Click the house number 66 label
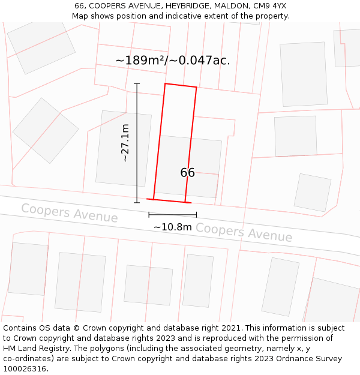coord(187,173)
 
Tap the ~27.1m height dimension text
coord(125,143)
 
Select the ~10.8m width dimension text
coord(172,227)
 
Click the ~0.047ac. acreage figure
coord(202,61)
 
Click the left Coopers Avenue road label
coord(70,212)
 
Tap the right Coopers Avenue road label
coord(244,232)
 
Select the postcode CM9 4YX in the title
coord(270,6)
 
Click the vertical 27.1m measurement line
coord(137,143)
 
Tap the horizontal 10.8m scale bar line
coord(172,214)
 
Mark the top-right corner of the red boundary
coord(196,87)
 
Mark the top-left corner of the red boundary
coord(165,83)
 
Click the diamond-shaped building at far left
coord(46,130)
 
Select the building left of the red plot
coord(115,148)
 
